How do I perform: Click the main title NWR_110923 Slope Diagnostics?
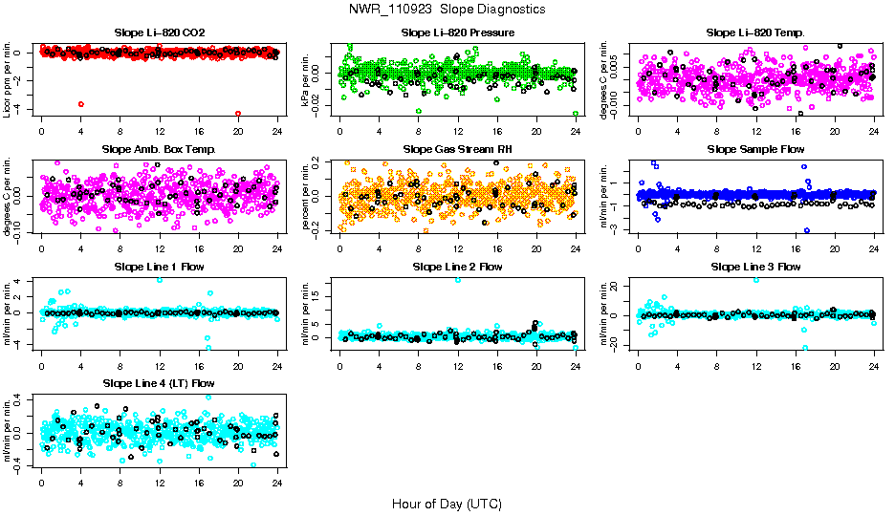(x=447, y=9)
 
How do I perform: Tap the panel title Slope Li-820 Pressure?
(x=458, y=32)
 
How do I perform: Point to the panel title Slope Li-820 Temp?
(x=755, y=32)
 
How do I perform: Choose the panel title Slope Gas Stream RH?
(x=458, y=149)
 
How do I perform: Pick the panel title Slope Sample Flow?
(x=755, y=149)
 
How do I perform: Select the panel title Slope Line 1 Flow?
(x=159, y=267)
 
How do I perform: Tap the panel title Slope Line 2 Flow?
(x=458, y=267)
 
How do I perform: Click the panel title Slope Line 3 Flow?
(x=755, y=267)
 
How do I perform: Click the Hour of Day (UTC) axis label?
(x=447, y=503)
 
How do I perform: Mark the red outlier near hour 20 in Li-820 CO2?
(x=238, y=114)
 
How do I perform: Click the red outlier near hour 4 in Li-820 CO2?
(x=80, y=103)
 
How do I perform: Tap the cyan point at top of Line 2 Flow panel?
(x=458, y=279)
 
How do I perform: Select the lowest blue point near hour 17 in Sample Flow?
(x=807, y=230)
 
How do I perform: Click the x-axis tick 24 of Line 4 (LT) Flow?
(x=277, y=484)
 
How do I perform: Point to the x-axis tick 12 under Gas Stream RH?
(x=458, y=249)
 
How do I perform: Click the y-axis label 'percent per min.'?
(x=307, y=196)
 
